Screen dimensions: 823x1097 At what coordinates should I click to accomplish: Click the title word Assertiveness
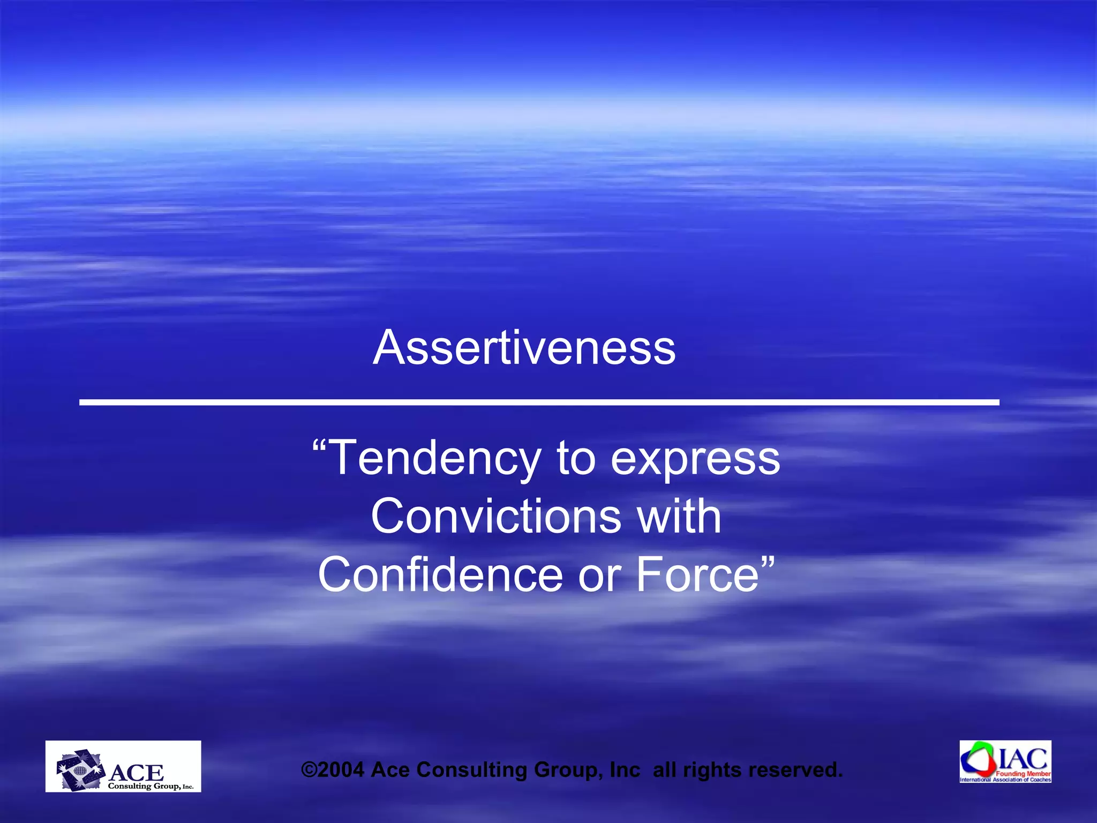[x=524, y=348]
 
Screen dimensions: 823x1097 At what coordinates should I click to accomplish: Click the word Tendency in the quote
[x=434, y=458]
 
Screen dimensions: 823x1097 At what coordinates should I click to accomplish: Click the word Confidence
[x=440, y=574]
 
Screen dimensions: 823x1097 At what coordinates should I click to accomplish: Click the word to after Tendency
[x=576, y=459]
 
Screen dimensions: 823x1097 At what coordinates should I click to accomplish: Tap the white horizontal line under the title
[x=539, y=402]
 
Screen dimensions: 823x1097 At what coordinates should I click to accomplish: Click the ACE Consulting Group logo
[x=123, y=766]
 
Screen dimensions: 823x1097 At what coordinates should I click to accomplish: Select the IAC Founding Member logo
[x=1005, y=761]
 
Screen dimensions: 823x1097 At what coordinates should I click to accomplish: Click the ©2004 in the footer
[x=333, y=770]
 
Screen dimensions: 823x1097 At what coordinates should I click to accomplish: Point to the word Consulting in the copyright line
[x=472, y=770]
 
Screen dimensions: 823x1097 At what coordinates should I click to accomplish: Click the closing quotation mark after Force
[x=768, y=563]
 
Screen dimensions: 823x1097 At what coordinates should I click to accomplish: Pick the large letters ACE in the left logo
[x=136, y=773]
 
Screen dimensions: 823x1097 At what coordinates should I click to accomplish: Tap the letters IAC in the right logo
[x=1023, y=759]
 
